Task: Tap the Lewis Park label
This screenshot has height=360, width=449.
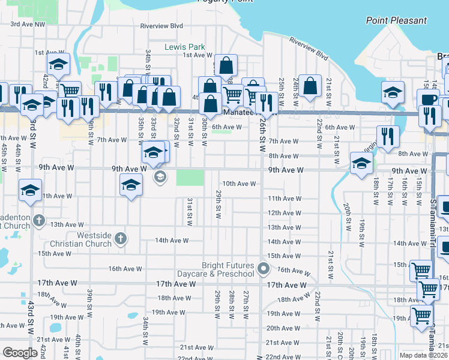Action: [185, 47]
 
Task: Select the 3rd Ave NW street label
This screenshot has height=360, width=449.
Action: [28, 25]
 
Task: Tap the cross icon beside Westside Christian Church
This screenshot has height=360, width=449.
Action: [120, 239]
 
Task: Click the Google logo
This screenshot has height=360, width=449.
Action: [20, 353]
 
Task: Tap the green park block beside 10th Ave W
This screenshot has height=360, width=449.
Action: [190, 178]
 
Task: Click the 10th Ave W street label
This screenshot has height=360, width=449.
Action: [240, 184]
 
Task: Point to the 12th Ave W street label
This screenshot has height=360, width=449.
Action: [284, 213]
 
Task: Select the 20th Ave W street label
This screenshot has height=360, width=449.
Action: [283, 328]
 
